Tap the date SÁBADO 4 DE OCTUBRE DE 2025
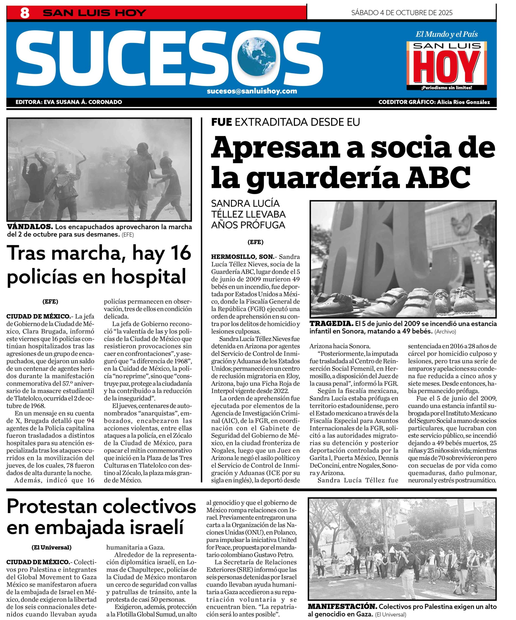(401, 13)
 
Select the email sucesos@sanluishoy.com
(252, 91)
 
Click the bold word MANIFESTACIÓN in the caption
(342, 606)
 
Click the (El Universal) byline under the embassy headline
(51, 547)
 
